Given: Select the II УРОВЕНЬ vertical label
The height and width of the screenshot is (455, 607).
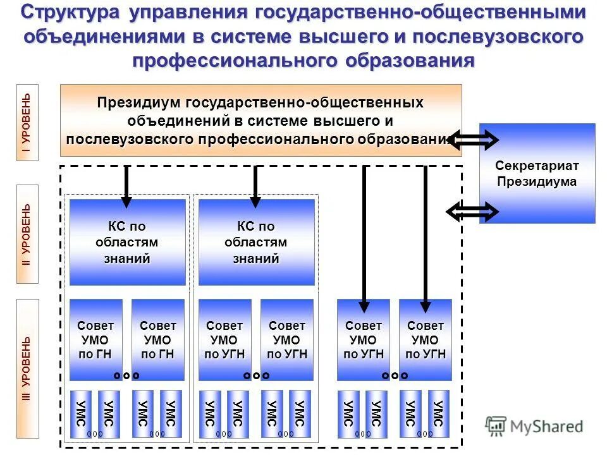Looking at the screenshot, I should tap(27, 234).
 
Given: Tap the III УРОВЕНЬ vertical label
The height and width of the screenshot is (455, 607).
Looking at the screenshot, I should tap(27, 368).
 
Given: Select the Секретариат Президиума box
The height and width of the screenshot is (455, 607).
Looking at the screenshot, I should tap(537, 173).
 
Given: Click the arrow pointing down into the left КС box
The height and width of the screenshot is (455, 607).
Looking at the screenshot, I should tap(126, 185).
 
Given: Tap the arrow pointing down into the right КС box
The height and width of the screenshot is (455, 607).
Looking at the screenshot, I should tap(255, 185).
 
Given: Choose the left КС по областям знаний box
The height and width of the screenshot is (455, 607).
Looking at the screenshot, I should tap(127, 242).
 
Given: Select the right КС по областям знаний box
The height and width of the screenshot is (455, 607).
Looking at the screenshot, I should tap(256, 242).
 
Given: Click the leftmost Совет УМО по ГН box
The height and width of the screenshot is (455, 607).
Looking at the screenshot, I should tap(95, 340).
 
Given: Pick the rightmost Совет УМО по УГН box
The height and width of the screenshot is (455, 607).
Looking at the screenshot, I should tap(426, 340).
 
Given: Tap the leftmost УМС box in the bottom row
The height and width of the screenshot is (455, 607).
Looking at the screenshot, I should tap(80, 414).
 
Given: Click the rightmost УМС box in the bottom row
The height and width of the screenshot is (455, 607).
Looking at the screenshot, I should tap(439, 414).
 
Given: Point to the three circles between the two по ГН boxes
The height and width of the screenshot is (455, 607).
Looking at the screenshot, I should tap(126, 375).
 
